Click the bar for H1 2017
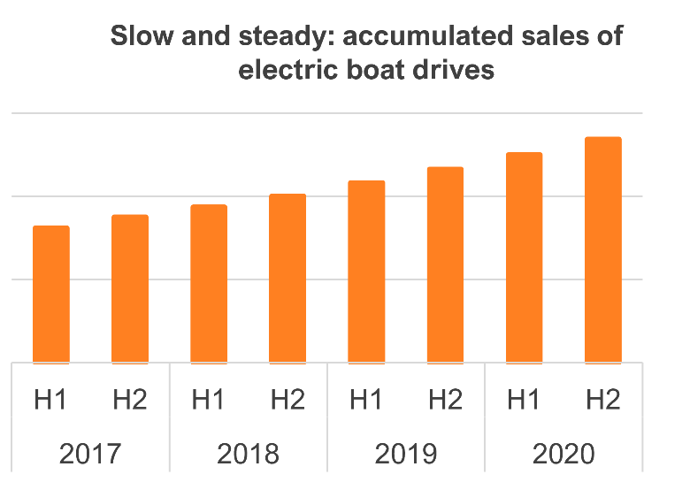click(51, 295)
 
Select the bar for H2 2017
click(130, 289)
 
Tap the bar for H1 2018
click(209, 284)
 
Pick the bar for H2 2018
click(287, 279)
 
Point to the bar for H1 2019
click(366, 272)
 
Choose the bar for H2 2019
click(445, 264)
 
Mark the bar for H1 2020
click(524, 257)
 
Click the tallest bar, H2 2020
click(602, 250)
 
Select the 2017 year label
click(90, 455)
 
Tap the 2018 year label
click(248, 455)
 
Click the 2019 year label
click(406, 455)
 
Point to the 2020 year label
click(563, 455)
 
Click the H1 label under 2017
click(51, 401)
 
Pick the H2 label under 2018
click(287, 401)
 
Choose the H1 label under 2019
click(366, 401)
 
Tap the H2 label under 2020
click(602, 401)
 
